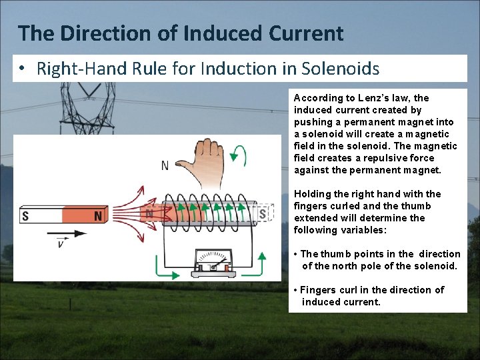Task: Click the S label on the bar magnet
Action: [x=25, y=216]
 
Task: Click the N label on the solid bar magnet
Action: [x=98, y=216]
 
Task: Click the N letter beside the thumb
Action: [x=165, y=165]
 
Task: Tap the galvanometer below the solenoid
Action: [x=212, y=263]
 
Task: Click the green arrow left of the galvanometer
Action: [x=164, y=267]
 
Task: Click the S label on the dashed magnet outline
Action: [x=263, y=214]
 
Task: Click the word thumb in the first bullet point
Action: [x=335, y=254]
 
